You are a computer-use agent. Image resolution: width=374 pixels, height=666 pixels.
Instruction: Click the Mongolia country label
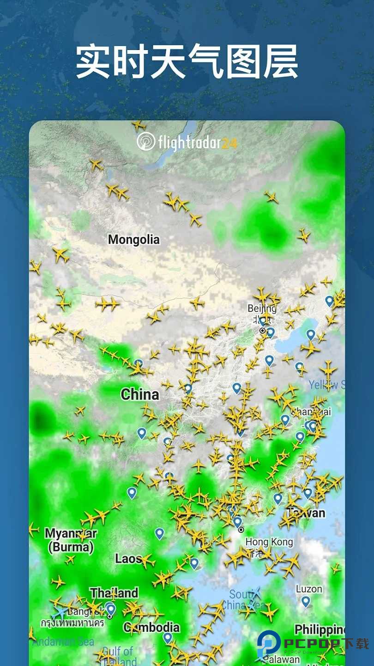tap(133, 240)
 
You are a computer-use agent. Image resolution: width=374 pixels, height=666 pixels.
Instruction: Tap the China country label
tap(139, 395)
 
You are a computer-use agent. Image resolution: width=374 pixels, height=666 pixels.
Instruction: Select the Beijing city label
tap(262, 308)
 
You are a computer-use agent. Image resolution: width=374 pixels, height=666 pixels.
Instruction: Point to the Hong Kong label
tap(269, 542)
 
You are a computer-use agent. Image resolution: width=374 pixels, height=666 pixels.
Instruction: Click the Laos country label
tap(127, 559)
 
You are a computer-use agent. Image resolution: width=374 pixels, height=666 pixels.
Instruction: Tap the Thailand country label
tap(114, 593)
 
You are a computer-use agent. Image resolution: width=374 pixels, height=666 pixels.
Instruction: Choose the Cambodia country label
tap(151, 627)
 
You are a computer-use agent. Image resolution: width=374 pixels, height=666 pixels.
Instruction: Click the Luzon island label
tap(309, 589)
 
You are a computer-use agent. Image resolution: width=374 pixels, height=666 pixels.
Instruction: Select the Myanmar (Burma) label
tap(71, 540)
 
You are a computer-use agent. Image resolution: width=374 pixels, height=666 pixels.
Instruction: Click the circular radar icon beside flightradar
tap(146, 142)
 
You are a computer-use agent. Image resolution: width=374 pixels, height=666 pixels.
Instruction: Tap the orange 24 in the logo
tap(229, 143)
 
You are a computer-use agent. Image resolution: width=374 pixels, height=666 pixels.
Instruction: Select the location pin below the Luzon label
tap(306, 601)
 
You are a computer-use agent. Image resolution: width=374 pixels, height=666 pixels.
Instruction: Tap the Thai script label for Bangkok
tap(73, 623)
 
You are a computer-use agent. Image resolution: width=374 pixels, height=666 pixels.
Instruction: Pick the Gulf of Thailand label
tap(117, 656)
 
